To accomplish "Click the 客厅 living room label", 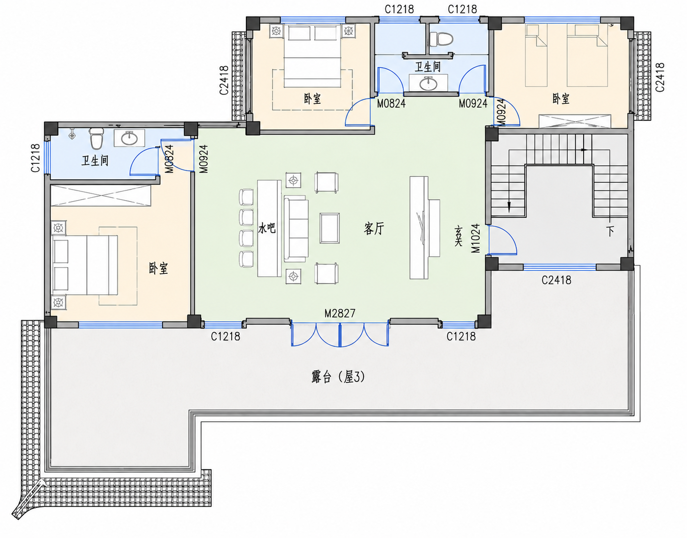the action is tap(374, 228).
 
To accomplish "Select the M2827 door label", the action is tap(340, 313).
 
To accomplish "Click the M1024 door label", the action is tap(476, 238).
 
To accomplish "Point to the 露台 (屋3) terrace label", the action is tap(338, 377).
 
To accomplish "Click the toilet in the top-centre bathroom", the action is tap(441, 39).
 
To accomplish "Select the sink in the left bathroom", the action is tap(129, 138).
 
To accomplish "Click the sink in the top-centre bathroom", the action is tap(429, 83).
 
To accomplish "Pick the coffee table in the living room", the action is tap(329, 228).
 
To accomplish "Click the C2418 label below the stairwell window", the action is tap(557, 280).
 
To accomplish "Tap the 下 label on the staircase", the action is tap(610, 232).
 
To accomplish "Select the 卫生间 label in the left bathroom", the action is tap(95, 160).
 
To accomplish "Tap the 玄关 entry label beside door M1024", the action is tap(459, 236).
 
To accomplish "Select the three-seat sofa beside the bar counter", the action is tap(296, 228).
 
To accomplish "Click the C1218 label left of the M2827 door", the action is tap(225, 336).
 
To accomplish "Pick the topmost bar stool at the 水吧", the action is tap(246, 197).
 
